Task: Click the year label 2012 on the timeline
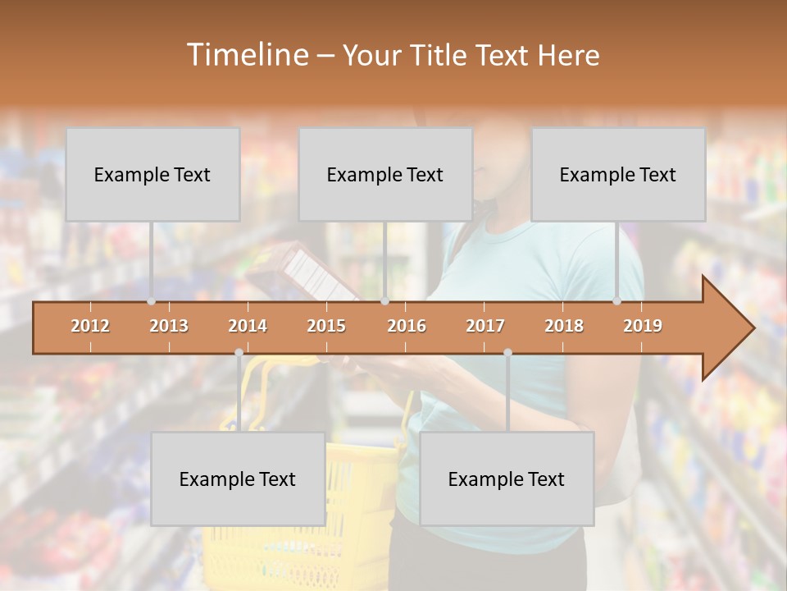coord(90,326)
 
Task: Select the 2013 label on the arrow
coord(169,326)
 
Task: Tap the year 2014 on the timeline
coord(248,326)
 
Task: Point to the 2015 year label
coord(326,326)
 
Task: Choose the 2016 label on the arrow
coord(407,326)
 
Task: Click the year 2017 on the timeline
coord(485,326)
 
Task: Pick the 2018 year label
coord(564,326)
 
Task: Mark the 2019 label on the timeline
coord(643,326)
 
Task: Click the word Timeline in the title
coord(246,55)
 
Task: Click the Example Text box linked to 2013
coord(152,174)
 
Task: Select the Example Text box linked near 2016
coord(385,174)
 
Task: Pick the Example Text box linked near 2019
coord(618,174)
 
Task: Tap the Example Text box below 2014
coord(238,479)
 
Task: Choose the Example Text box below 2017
coord(507,479)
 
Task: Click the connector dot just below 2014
coord(239,353)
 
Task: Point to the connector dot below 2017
coord(507,353)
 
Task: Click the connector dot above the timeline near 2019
coord(617,301)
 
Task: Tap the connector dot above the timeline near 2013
coord(152,301)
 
